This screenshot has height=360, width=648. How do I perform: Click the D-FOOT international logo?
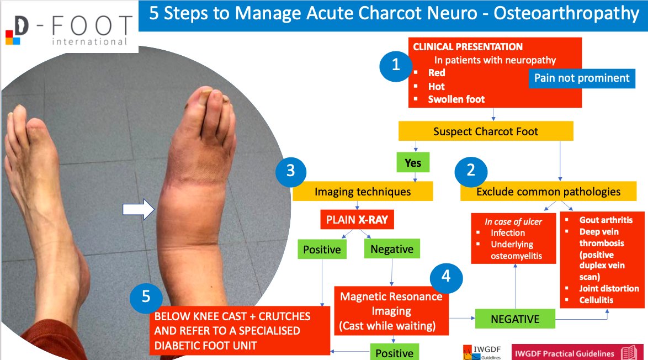(x=68, y=28)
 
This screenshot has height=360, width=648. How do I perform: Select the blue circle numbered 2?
(x=471, y=171)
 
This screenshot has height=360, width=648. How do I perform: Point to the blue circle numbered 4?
(x=446, y=276)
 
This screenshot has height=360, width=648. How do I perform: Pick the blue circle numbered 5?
(x=146, y=297)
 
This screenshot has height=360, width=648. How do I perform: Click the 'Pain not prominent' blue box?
(x=582, y=78)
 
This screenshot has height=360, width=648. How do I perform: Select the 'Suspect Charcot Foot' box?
(x=486, y=131)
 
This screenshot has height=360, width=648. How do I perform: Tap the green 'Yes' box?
(x=413, y=163)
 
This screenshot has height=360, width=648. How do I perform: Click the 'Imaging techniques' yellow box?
(x=363, y=192)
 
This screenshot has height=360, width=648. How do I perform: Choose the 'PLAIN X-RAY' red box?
(x=357, y=220)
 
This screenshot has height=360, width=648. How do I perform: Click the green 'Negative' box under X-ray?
(x=391, y=249)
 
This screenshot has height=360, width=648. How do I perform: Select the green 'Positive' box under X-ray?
(x=322, y=250)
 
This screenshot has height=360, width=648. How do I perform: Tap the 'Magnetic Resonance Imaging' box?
(x=391, y=311)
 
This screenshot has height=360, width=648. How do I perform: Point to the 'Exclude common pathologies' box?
(x=548, y=192)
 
